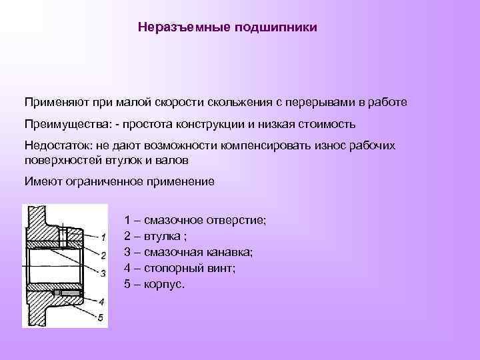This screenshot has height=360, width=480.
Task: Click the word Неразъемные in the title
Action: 176,28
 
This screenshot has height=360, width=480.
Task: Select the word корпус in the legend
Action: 162,285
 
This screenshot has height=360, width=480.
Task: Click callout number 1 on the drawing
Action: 102,237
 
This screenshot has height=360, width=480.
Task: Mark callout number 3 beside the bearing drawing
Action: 102,273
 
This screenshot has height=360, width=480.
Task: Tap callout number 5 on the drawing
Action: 100,317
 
